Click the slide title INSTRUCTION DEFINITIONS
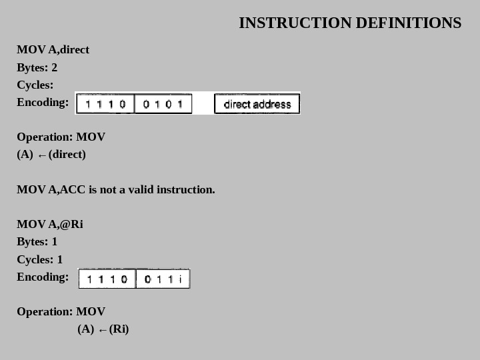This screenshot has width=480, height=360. [349, 23]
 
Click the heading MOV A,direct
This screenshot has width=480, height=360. [53, 50]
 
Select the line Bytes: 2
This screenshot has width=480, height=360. [37, 67]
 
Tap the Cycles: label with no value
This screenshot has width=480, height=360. [35, 85]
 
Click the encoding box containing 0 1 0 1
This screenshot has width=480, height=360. [163, 104]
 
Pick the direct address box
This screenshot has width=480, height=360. [257, 104]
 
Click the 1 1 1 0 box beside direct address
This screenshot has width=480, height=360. [105, 104]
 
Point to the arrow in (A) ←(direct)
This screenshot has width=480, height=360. [42, 155]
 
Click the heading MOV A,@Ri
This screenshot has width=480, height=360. [50, 224]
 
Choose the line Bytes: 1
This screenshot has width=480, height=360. [37, 241]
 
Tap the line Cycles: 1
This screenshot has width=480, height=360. [39, 259]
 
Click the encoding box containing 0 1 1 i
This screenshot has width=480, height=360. [163, 279]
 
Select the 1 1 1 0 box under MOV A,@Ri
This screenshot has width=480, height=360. [107, 279]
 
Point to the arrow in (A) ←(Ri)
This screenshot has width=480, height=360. [102, 330]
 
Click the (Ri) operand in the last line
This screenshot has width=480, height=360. [119, 329]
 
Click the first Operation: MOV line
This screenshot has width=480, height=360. [61, 137]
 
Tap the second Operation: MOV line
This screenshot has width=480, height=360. [61, 311]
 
